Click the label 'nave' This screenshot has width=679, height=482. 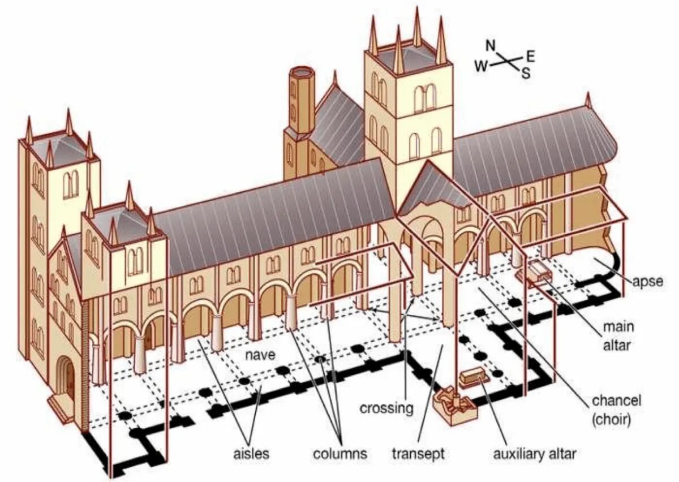[x=260, y=355]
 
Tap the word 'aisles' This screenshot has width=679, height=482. [x=251, y=453]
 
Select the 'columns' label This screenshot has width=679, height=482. [x=340, y=453]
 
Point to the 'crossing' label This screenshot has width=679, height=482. [x=386, y=408]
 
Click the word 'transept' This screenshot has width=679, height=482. [x=419, y=453]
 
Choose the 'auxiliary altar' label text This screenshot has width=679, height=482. [x=535, y=453]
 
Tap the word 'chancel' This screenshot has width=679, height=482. [x=616, y=401]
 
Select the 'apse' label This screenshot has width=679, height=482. [x=647, y=281]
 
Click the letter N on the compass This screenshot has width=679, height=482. [x=491, y=45]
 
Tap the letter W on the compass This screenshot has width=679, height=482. [x=482, y=66]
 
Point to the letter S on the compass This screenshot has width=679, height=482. [x=526, y=72]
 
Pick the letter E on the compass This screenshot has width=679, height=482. [x=530, y=55]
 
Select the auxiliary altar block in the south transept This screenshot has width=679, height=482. [x=472, y=377]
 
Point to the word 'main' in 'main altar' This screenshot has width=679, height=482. [x=618, y=326]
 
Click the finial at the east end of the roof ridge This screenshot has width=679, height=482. [x=587, y=100]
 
